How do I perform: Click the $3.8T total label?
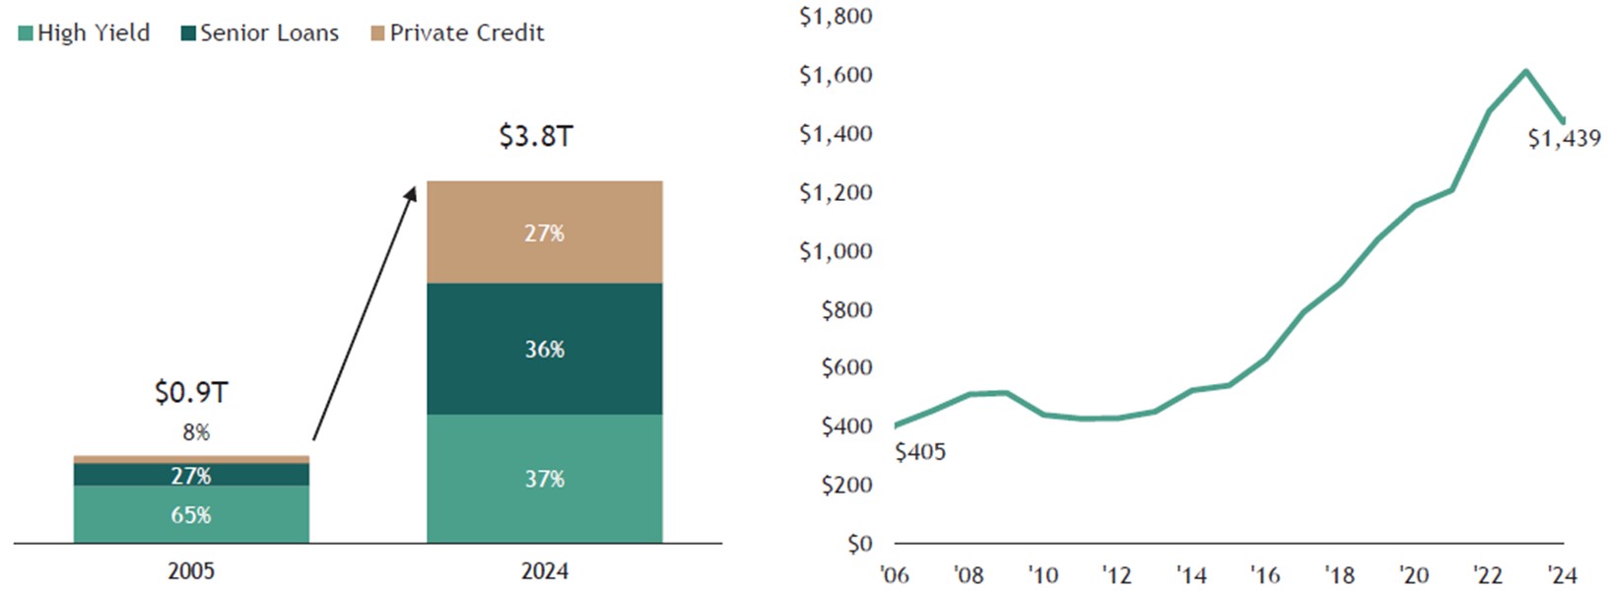point(535,136)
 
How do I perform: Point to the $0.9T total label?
point(191,393)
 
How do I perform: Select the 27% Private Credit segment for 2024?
point(544,232)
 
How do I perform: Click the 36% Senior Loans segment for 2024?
point(544,349)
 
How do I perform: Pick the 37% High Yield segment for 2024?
point(544,479)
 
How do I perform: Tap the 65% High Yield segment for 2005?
point(191,514)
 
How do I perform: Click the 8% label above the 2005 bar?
point(196,432)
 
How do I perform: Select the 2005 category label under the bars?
point(191,571)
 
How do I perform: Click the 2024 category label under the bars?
point(544,571)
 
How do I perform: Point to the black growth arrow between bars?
point(364,313)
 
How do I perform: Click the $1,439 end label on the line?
point(1564,139)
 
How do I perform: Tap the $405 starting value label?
point(920,452)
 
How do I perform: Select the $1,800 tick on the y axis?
point(836,17)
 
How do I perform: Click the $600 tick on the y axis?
point(846,367)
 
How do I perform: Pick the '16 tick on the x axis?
point(1265,574)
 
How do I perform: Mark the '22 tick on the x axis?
point(1488,574)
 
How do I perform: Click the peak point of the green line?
point(1525,71)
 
